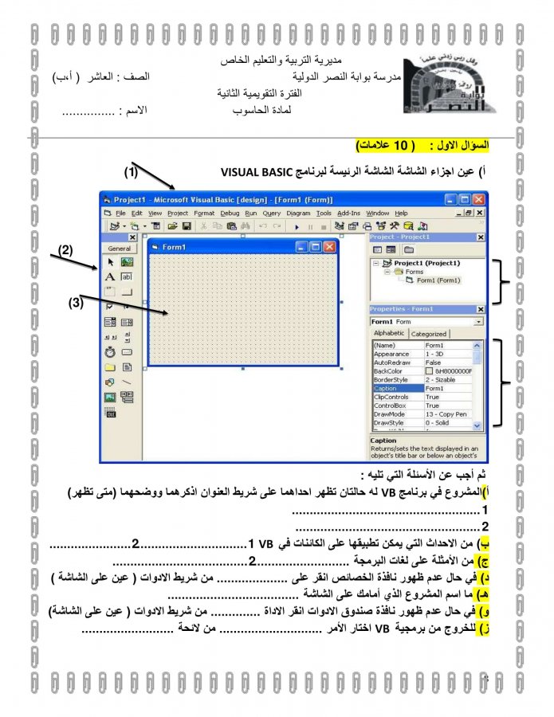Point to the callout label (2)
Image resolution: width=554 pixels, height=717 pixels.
(67, 249)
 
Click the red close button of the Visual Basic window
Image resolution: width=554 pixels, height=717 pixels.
(478, 199)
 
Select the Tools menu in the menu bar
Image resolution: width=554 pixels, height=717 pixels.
(324, 214)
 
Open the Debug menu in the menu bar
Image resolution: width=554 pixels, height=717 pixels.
(230, 214)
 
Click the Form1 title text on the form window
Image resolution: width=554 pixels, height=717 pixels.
(174, 248)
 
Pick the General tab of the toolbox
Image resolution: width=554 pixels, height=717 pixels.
(120, 248)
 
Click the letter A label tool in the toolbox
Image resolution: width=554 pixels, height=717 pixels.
(110, 276)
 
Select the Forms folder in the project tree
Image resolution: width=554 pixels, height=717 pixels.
(414, 272)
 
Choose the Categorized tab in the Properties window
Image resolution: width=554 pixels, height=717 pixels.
(429, 334)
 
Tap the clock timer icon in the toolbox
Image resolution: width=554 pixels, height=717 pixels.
(110, 351)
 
